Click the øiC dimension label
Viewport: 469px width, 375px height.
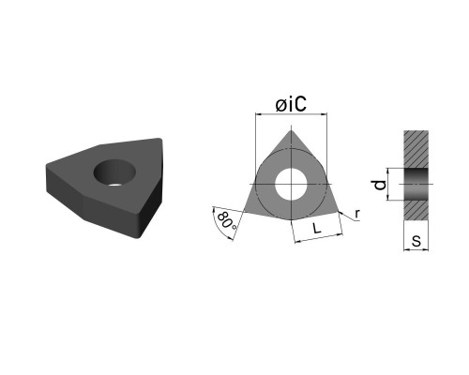[x=291, y=104]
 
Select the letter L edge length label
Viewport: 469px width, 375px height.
[x=317, y=229]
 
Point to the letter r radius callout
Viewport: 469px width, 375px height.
[x=357, y=214]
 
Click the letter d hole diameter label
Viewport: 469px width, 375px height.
[x=380, y=185]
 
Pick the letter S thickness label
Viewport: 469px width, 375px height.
[x=416, y=241]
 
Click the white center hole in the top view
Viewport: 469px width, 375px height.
[x=291, y=185]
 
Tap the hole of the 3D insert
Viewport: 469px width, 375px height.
[x=114, y=172]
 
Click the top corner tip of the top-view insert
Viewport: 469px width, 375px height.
[x=291, y=130]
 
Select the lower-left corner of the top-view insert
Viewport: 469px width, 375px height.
[x=245, y=212]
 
